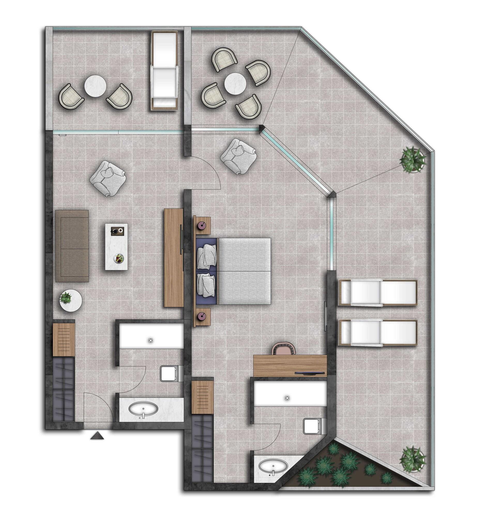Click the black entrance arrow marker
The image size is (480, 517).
97,435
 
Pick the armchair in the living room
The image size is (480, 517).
107,177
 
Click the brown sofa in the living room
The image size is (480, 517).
72,246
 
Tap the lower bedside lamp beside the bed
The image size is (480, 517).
202,316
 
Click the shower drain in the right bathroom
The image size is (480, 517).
287,398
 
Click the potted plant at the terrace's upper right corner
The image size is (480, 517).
413,160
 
